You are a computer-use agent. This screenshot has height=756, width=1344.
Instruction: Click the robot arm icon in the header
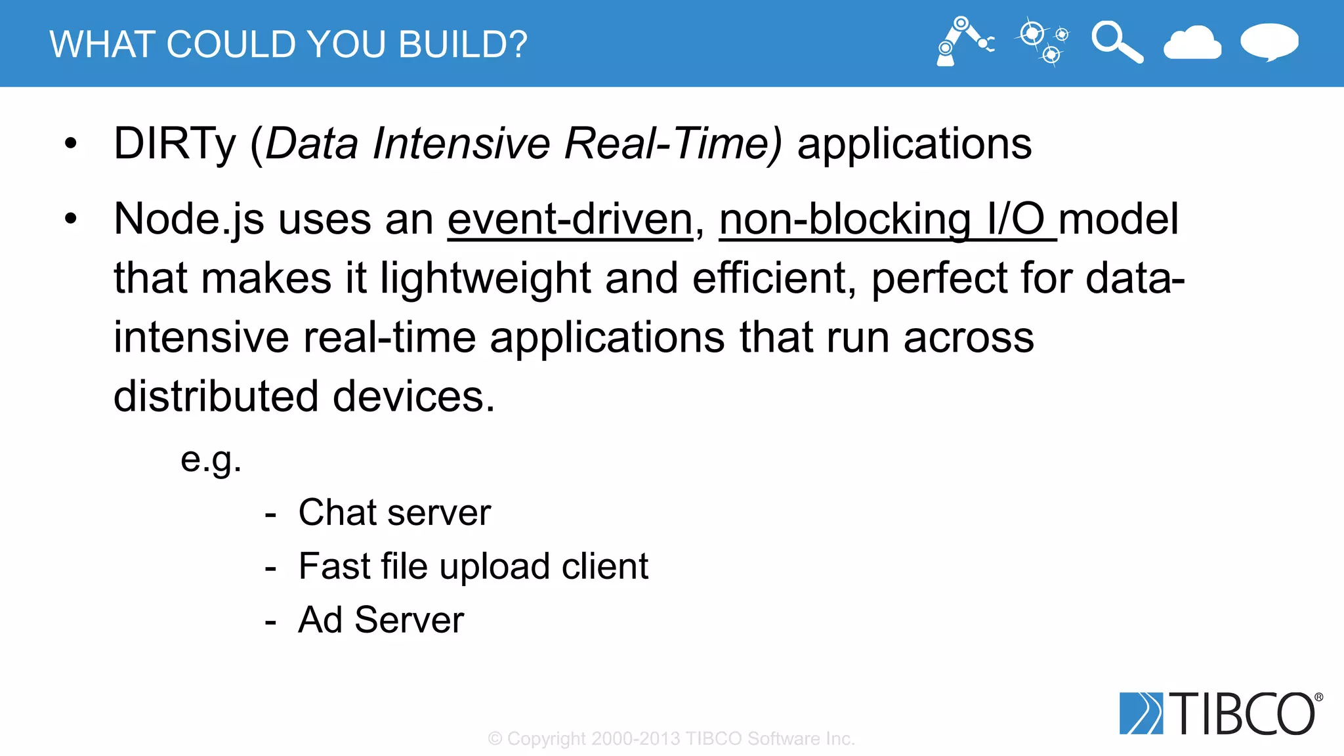pos(963,41)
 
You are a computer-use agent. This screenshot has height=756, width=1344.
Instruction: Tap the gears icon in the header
pos(1042,41)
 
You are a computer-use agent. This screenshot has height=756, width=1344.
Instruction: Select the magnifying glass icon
pos(1116,42)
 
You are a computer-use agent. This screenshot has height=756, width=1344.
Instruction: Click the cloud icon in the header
pos(1192,43)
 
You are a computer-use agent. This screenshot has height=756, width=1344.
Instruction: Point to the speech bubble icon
pos(1269,42)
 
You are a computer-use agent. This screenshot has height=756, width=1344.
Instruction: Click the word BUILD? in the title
pos(463,45)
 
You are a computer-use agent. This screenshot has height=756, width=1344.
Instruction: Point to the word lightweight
pos(486,278)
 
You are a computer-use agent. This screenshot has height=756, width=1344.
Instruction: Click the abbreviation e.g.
pos(211,459)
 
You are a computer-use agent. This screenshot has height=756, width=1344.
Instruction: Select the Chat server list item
pos(394,513)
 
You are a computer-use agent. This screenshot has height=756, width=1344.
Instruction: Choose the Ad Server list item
pos(381,620)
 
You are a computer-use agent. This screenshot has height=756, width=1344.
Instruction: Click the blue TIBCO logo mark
pos(1141,713)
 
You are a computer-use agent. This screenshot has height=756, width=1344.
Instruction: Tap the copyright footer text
pos(671,739)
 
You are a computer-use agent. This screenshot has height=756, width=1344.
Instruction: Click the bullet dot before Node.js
pos(71,219)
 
